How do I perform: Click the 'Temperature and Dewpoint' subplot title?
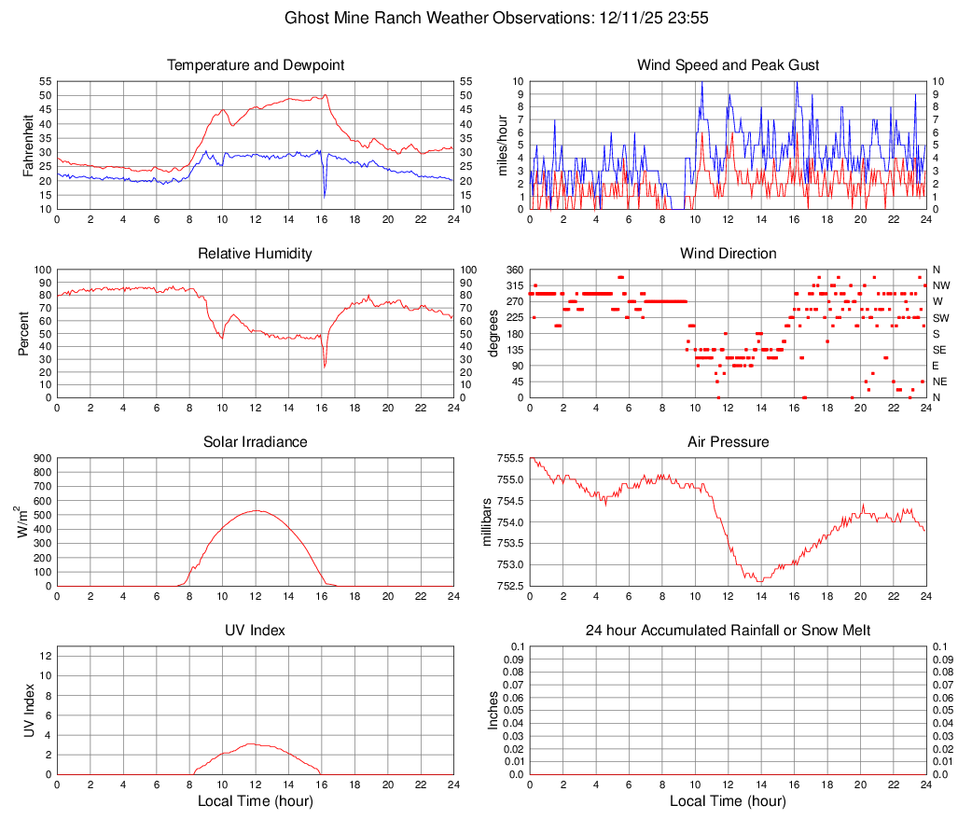255,65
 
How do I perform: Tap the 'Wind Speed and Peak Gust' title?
728,65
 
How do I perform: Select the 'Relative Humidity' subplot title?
255,254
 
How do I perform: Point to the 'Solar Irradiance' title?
255,441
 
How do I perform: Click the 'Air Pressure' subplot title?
728,441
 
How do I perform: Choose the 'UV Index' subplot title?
255,631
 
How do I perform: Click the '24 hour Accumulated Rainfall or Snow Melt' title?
728,631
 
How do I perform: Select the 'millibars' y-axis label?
485,522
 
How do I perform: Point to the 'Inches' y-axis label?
493,711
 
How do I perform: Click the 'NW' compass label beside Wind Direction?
940,285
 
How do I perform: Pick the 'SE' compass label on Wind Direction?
939,350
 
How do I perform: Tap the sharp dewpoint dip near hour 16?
324,196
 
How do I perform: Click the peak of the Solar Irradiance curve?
256,510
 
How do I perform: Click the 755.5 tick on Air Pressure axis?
509,459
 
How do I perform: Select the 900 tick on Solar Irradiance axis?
41,459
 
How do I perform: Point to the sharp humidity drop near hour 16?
325,366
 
